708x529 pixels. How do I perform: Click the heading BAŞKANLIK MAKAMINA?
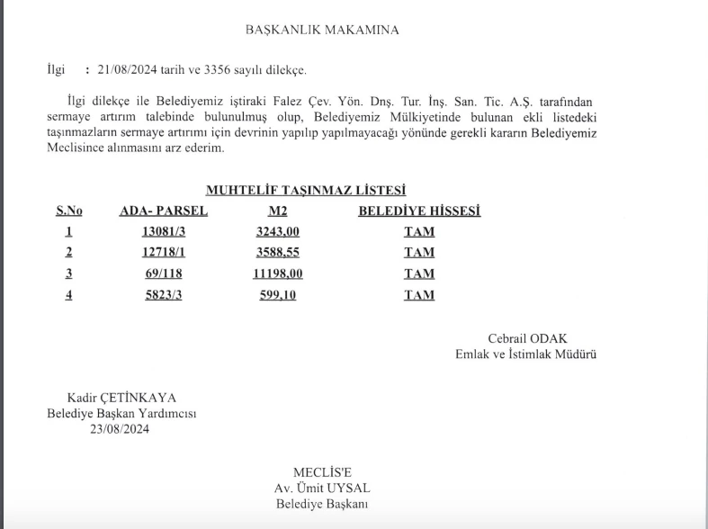click(x=322, y=30)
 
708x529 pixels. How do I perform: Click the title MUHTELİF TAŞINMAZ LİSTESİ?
click(x=306, y=190)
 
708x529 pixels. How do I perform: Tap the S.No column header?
click(x=69, y=211)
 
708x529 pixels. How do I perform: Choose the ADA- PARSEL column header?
click(x=164, y=211)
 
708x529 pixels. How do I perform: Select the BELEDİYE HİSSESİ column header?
click(x=419, y=211)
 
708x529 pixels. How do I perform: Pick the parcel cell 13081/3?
click(x=163, y=231)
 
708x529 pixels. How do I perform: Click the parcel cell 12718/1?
click(x=163, y=253)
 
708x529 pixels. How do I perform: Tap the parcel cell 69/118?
click(x=163, y=273)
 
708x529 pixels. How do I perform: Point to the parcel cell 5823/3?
click(x=163, y=295)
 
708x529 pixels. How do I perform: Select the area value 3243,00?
click(x=278, y=231)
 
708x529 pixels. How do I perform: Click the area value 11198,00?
click(x=278, y=273)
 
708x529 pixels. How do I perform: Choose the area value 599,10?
click(x=278, y=295)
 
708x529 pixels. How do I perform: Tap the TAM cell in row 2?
click(x=419, y=253)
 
